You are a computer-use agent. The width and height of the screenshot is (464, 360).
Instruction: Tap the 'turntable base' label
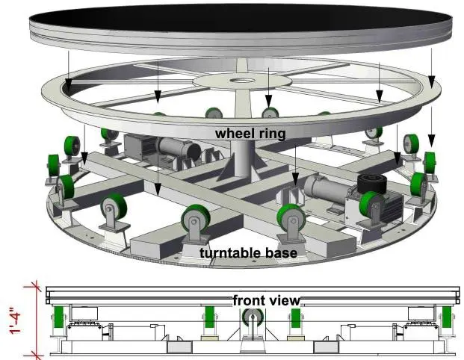[248, 253]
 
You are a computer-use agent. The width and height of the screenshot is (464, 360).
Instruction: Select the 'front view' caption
[266, 300]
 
